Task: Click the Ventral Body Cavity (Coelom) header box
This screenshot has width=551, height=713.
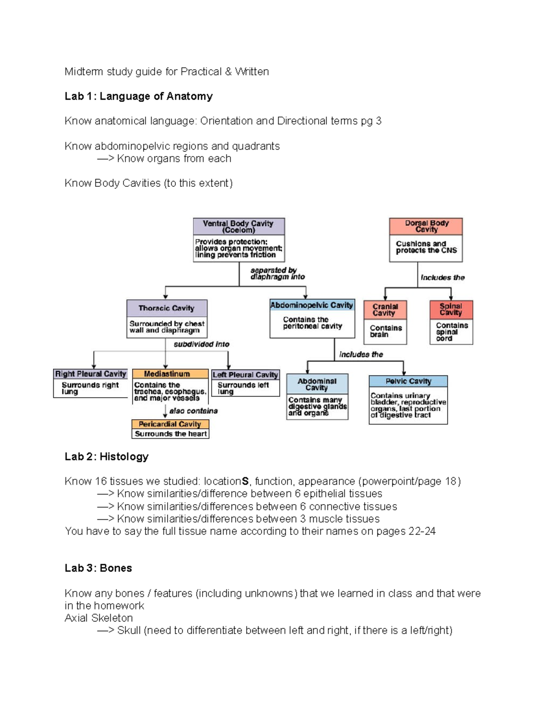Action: click(x=239, y=227)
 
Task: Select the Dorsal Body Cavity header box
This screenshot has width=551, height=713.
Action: click(x=426, y=226)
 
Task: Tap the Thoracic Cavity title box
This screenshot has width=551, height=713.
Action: click(x=167, y=308)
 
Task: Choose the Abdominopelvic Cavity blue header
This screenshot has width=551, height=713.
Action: click(x=312, y=305)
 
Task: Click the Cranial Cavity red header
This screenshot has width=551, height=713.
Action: click(x=385, y=309)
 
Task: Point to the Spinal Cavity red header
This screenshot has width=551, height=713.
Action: click(x=451, y=309)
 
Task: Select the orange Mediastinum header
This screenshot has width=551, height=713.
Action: click(x=167, y=374)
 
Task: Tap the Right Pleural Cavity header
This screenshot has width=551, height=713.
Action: click(x=90, y=374)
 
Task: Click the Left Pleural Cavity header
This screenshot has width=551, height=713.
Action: click(x=245, y=375)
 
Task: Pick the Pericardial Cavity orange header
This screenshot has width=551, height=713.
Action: click(x=170, y=424)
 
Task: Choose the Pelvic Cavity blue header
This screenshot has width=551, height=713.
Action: click(x=408, y=381)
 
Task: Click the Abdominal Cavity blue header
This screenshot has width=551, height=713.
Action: click(x=317, y=384)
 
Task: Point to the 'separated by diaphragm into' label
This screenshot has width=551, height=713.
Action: click(x=277, y=274)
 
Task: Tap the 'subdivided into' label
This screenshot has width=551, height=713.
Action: click(x=202, y=344)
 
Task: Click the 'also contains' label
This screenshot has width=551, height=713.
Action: click(x=193, y=411)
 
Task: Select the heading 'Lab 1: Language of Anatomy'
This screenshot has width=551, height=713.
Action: click(x=139, y=96)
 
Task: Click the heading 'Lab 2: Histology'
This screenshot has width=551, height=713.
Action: click(x=107, y=457)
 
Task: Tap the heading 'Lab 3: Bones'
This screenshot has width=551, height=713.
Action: click(x=98, y=568)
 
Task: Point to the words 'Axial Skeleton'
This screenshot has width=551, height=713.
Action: click(x=99, y=618)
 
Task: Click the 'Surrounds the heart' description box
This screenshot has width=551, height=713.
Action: click(x=170, y=434)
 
